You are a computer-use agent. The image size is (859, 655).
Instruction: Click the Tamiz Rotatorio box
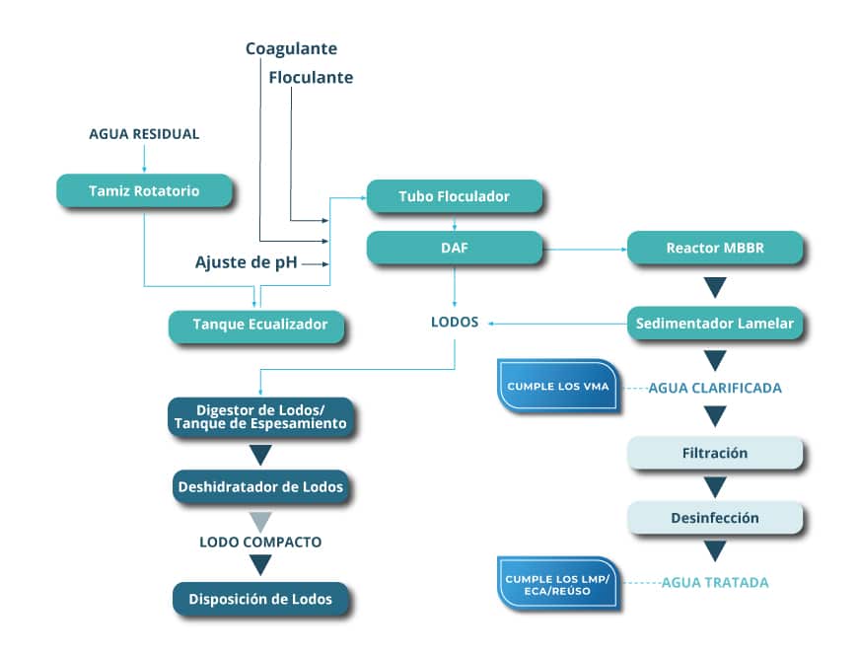[146, 191]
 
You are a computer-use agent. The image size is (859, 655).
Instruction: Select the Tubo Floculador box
[454, 196]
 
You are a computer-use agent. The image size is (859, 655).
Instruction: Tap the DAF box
[454, 248]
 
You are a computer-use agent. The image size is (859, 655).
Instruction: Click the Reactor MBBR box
[715, 248]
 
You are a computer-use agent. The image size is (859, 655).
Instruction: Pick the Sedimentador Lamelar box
[715, 323]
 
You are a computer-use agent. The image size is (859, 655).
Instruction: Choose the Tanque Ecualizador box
[256, 326]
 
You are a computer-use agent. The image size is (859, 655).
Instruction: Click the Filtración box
[715, 453]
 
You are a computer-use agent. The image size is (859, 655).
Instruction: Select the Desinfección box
[715, 517]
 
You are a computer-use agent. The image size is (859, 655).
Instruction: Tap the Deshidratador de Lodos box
[260, 486]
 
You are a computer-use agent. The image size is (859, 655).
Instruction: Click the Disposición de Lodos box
[260, 598]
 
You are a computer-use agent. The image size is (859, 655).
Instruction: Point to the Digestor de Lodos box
[260, 416]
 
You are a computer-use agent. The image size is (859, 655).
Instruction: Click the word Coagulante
[291, 48]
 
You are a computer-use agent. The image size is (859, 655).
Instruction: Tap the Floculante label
[311, 77]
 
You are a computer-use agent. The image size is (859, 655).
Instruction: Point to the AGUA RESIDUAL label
[144, 134]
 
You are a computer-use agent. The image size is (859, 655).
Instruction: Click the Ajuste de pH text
[247, 262]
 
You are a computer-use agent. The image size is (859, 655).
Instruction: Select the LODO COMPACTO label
[260, 542]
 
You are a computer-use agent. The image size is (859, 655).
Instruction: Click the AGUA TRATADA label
[715, 582]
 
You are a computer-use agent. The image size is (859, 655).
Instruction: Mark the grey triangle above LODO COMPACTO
[260, 520]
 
